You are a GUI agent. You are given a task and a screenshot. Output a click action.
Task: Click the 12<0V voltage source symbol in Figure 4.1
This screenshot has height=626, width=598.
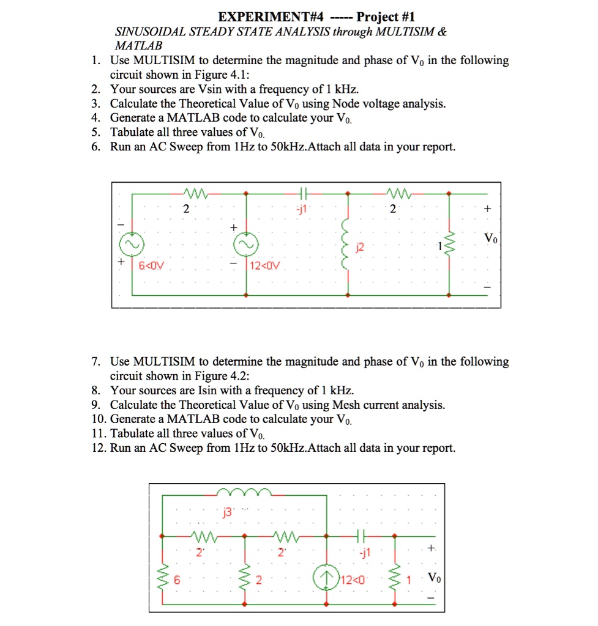tap(246, 245)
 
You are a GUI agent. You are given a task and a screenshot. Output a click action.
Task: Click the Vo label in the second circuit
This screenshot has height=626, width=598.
tap(433, 577)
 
